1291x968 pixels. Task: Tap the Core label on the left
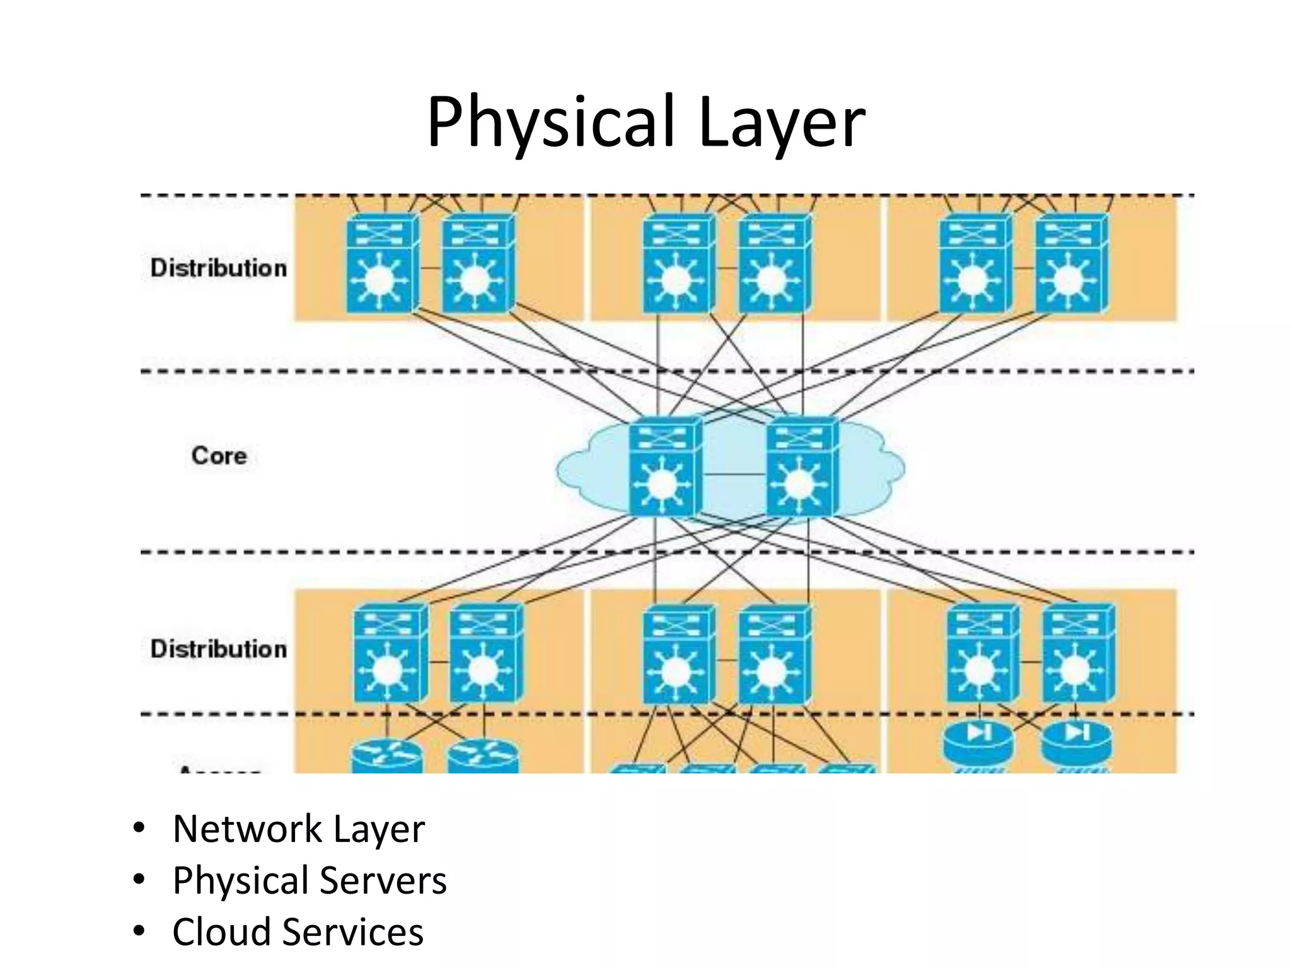[x=219, y=455]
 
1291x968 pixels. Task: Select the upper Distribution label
[x=218, y=268]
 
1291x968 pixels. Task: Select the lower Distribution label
[x=218, y=648]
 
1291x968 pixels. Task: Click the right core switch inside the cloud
[x=802, y=468]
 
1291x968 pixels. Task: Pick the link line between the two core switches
[x=734, y=474]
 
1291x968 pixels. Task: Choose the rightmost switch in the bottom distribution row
[x=1078, y=654]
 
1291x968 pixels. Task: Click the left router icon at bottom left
[x=386, y=756]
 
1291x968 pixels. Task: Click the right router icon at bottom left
[x=482, y=756]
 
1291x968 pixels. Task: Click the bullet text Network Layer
[x=298, y=829]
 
